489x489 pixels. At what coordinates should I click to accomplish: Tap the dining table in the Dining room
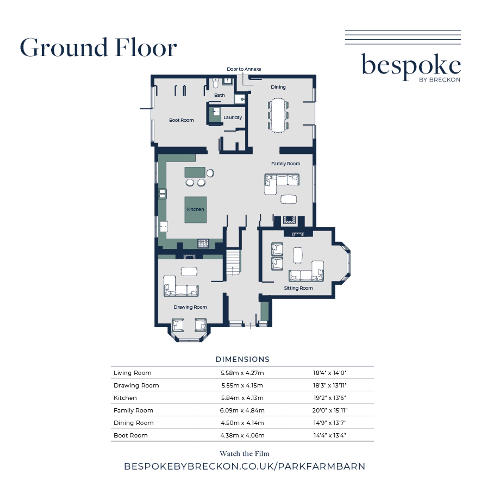click(x=278, y=115)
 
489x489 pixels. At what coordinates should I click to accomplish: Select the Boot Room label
click(x=181, y=120)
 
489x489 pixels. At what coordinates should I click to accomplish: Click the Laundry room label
click(x=233, y=117)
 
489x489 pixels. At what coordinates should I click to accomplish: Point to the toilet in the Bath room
click(x=215, y=83)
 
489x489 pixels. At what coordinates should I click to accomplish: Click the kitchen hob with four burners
click(x=203, y=244)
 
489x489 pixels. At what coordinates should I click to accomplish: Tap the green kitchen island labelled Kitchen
click(x=195, y=210)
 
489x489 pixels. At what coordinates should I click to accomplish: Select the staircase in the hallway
click(x=233, y=262)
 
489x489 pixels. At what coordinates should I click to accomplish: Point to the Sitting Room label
click(x=298, y=288)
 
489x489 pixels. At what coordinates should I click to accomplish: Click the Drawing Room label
click(x=190, y=307)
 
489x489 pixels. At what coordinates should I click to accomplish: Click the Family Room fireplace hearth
click(x=289, y=220)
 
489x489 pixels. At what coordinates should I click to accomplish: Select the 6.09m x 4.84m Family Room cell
click(x=242, y=410)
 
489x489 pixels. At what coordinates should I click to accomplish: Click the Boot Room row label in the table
click(x=131, y=435)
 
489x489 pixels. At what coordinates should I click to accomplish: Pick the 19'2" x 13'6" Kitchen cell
click(x=330, y=398)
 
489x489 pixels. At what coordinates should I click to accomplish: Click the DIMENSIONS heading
click(x=242, y=359)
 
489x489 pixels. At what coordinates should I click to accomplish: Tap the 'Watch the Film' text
click(x=244, y=453)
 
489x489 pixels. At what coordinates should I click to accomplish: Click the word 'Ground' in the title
click(x=64, y=47)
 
